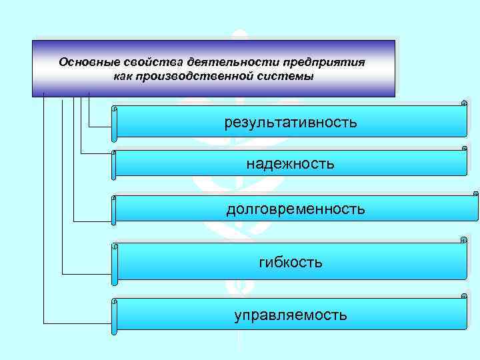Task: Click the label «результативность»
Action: coord(290,123)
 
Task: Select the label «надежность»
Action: coord(290,163)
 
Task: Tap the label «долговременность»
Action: coord(295,209)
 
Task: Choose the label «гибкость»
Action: coord(290,263)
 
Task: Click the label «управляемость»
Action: coord(290,315)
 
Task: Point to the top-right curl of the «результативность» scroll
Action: coord(463,103)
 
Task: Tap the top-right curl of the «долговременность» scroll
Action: coord(475,195)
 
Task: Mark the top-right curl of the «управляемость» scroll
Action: coord(463,295)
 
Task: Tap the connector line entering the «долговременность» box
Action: coord(93,221)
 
